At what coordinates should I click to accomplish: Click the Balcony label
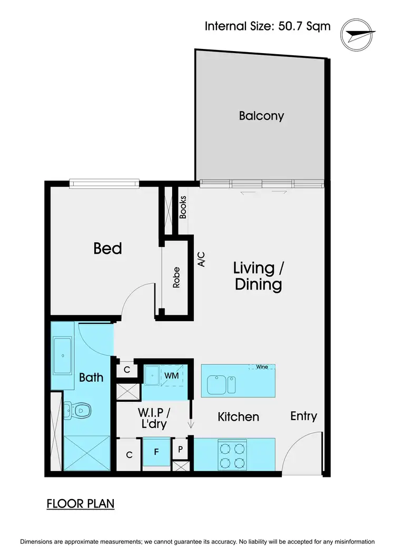(x=261, y=116)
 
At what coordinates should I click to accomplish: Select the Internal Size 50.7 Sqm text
(x=268, y=26)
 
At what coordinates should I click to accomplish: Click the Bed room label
(x=107, y=248)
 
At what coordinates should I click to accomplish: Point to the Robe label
(x=176, y=278)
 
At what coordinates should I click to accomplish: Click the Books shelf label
(x=183, y=207)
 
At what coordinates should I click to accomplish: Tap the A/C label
(x=201, y=259)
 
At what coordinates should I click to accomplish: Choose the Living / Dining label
(x=258, y=276)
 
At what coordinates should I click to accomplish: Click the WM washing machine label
(x=172, y=375)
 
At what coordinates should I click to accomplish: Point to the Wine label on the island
(x=262, y=366)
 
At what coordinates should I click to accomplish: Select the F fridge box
(x=156, y=452)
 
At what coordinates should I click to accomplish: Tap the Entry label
(x=304, y=416)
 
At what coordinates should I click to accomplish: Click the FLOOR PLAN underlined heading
(x=81, y=503)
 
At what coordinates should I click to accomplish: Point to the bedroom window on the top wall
(x=104, y=183)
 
